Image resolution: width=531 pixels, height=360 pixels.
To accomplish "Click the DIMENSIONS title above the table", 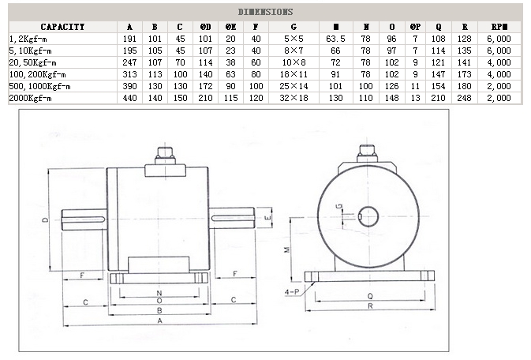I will [265, 12].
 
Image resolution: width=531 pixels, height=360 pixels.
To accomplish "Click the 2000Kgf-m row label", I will [31, 98].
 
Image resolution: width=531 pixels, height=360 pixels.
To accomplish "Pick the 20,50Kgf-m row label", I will [33, 62].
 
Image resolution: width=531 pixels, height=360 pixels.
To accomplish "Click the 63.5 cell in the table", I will [336, 38].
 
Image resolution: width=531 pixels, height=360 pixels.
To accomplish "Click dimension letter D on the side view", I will [45, 218].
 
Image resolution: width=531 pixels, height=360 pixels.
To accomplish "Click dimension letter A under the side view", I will [160, 322].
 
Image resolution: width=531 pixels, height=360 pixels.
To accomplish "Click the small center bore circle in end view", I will [368, 216].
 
